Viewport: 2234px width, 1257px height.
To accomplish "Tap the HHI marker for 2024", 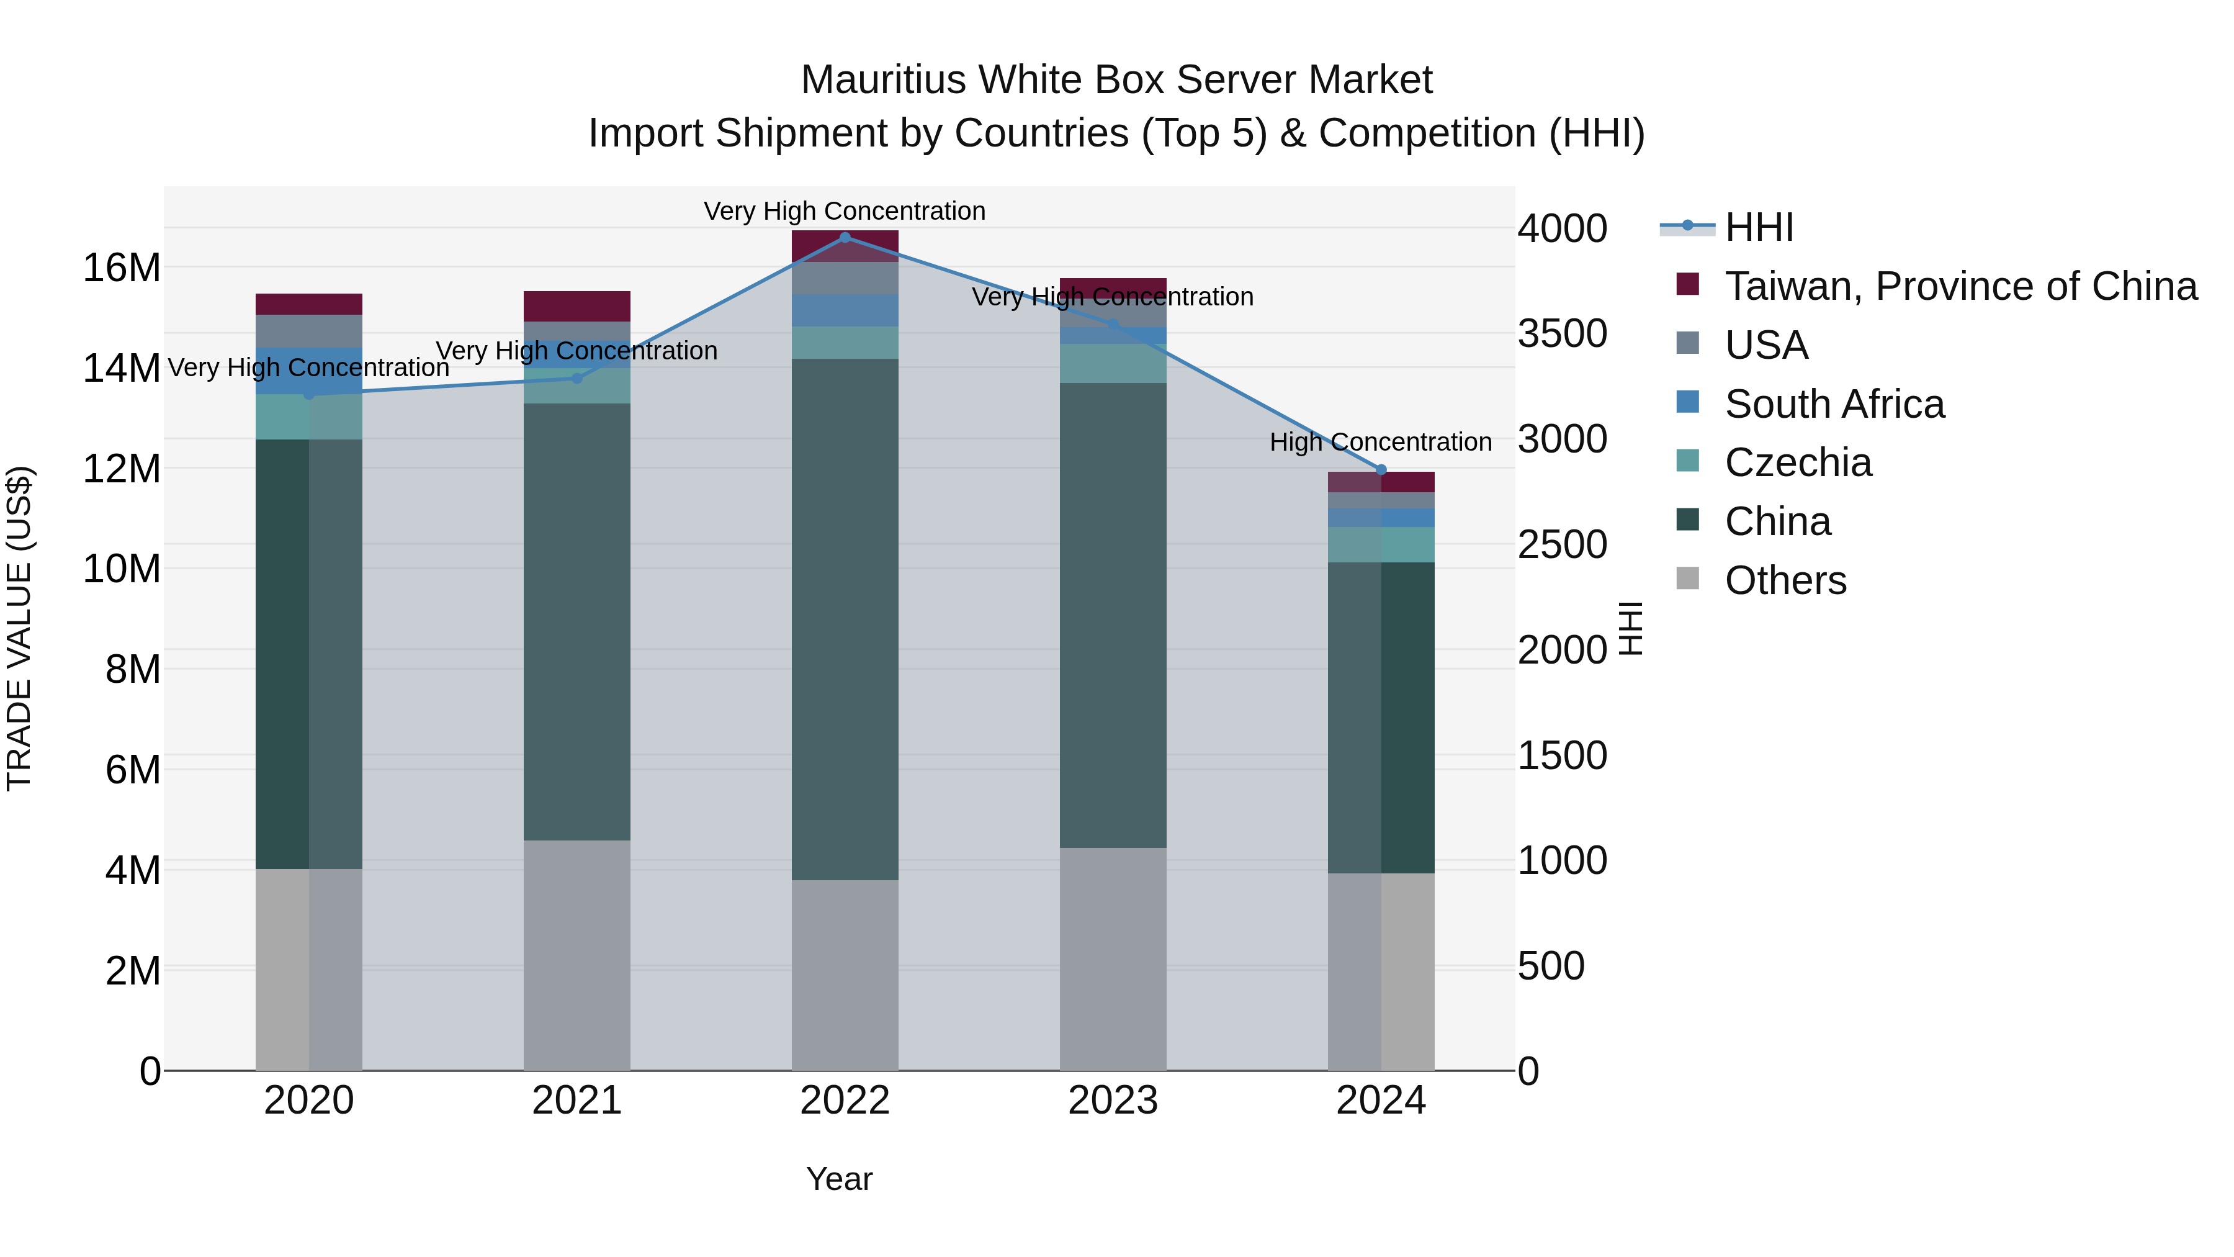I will (1381, 469).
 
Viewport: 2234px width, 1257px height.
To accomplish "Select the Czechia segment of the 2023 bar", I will (1113, 364).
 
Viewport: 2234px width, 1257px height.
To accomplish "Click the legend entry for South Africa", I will (1834, 404).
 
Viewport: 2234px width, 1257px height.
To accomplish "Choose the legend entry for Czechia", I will (1798, 462).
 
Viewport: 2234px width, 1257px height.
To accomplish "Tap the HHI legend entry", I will (1758, 227).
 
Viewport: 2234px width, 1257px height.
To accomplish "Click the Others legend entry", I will (1785, 580).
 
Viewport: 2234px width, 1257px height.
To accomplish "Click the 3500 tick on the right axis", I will (1562, 333).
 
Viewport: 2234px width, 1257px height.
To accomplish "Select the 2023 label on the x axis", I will (1113, 1101).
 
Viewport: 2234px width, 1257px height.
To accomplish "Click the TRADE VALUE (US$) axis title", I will (19, 628).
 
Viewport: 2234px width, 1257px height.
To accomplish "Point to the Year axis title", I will (838, 1179).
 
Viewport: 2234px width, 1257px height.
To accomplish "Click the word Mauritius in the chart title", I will (884, 80).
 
